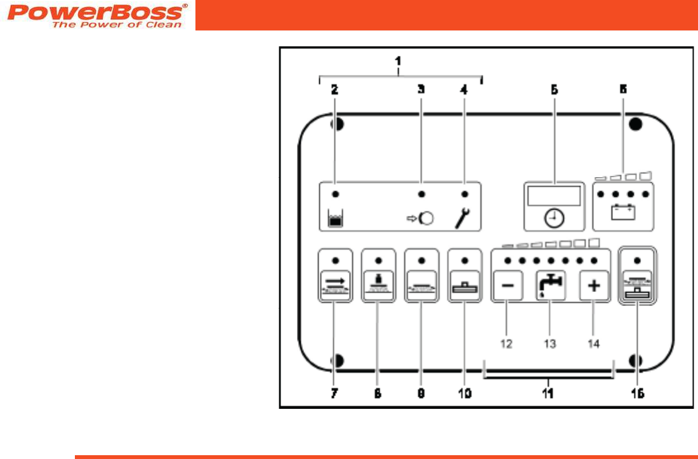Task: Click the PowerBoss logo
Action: point(97,15)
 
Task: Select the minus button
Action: point(508,285)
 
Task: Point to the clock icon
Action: point(554,218)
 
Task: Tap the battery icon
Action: point(623,212)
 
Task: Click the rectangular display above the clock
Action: point(554,196)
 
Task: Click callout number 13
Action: point(550,343)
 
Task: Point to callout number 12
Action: point(506,343)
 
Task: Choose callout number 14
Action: point(593,343)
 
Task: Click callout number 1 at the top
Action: point(398,62)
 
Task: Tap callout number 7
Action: point(334,394)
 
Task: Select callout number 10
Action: point(464,394)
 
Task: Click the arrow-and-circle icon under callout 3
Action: point(421,219)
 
